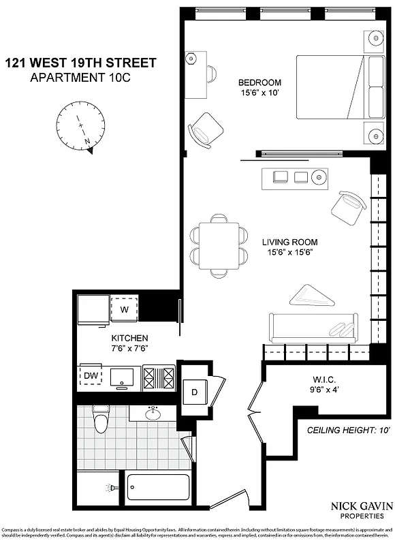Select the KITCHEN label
[x=130, y=338]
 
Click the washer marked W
[x=125, y=309]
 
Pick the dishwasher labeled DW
[x=91, y=375]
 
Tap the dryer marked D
[x=194, y=392]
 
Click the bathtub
[x=159, y=488]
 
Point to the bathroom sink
[x=153, y=413]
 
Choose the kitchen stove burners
[x=159, y=376]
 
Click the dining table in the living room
[x=219, y=245]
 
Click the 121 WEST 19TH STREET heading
[x=80, y=63]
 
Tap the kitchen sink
[x=122, y=376]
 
